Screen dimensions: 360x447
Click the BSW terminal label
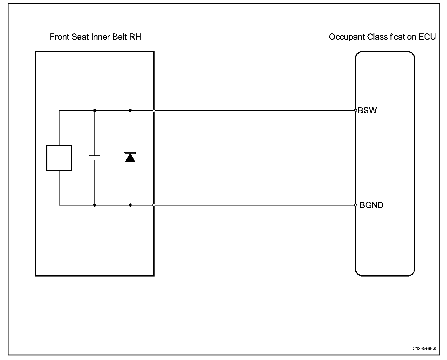[367, 110]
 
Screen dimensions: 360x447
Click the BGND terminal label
[371, 205]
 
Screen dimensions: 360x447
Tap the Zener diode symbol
[130, 157]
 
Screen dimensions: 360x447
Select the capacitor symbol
[95, 158]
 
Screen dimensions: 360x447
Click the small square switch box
[59, 158]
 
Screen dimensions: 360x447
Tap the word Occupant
[347, 37]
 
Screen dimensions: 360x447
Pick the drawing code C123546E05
[425, 348]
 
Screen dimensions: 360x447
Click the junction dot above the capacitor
[95, 110]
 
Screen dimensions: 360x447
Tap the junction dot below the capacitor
[95, 205]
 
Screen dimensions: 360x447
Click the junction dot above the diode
[130, 110]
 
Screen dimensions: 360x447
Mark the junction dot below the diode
[130, 205]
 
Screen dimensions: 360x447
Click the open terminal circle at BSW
[356, 110]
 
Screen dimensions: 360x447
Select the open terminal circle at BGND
[356, 205]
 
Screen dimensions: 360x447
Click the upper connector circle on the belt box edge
[154, 110]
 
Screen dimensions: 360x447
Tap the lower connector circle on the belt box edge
[154, 205]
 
